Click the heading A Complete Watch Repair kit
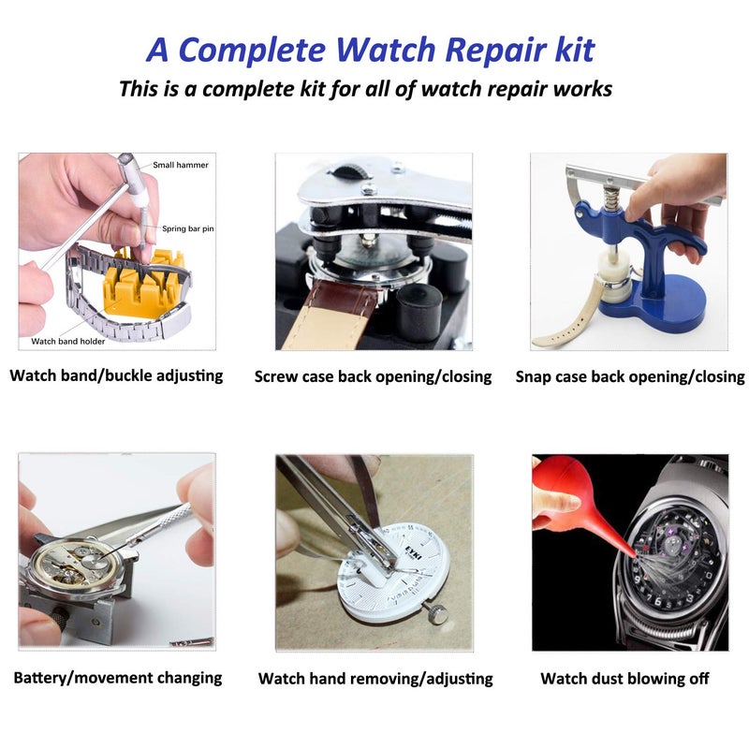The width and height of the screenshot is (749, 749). [371, 49]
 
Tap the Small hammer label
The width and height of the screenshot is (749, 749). [181, 165]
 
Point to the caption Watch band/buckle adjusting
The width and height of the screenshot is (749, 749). [117, 375]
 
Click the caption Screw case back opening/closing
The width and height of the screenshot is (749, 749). [373, 376]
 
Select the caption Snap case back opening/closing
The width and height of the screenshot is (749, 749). [630, 376]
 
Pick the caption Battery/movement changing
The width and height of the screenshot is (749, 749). [118, 677]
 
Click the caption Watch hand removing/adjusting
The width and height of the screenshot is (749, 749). [375, 678]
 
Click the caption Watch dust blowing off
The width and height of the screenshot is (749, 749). [624, 678]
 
